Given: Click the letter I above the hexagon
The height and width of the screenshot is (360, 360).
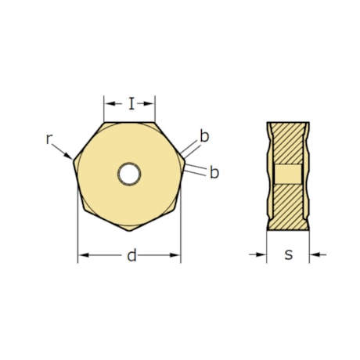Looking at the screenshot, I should click(x=131, y=103).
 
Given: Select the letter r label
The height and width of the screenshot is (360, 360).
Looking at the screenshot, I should click(x=49, y=139).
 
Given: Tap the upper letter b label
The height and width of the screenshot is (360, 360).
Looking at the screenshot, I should click(x=204, y=136).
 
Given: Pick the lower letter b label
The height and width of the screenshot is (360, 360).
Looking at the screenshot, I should click(x=214, y=172).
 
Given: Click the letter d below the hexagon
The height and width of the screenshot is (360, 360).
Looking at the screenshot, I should click(x=131, y=255).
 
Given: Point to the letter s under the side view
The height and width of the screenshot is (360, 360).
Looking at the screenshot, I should click(x=288, y=254).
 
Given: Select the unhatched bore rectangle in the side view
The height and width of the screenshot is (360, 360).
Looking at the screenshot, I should click(x=288, y=174).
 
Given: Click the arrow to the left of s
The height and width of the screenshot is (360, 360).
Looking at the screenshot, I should click(x=261, y=254).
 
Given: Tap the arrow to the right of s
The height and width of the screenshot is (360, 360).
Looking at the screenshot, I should click(x=315, y=254).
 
